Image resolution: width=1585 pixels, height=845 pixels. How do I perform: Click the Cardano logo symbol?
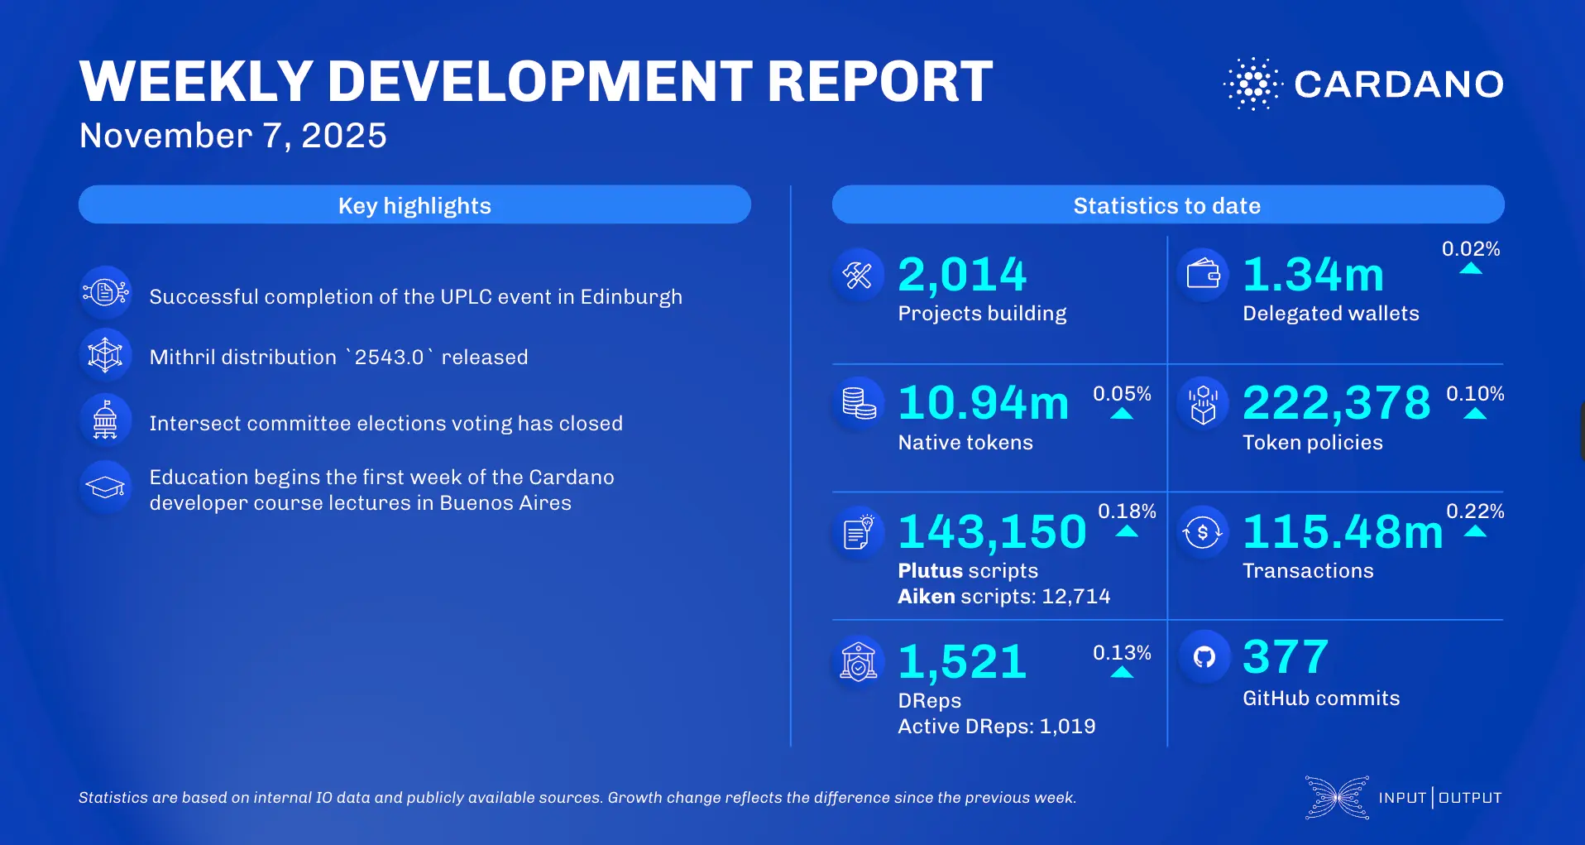point(1252,84)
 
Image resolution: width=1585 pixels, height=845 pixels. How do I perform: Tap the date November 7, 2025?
point(232,136)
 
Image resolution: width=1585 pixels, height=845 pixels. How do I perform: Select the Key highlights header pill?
point(414,204)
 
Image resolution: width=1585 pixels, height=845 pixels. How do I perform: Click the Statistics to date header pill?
point(1167,204)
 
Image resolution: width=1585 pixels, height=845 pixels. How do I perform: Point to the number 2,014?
point(961,275)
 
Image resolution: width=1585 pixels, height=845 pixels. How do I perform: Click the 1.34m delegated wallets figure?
point(1313,275)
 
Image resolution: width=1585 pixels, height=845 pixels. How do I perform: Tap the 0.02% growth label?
point(1470,248)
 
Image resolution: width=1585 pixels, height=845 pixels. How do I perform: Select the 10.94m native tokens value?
point(983,403)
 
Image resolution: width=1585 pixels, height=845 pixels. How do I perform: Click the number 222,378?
point(1336,403)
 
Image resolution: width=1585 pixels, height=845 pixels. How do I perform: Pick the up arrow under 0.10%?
point(1475,414)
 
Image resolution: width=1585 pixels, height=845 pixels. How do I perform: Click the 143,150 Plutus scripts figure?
point(992,531)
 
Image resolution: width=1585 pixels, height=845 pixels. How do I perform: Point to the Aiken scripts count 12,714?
point(1075,597)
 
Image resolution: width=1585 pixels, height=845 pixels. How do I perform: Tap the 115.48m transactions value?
point(1342,531)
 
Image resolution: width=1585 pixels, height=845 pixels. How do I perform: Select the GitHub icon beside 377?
point(1204,657)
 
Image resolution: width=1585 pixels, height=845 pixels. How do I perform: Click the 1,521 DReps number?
point(962,662)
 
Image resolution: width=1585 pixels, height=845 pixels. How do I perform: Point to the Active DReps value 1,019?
point(1067,727)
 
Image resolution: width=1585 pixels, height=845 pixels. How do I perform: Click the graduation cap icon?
point(106,487)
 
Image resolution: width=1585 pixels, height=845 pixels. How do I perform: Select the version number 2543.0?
point(389,358)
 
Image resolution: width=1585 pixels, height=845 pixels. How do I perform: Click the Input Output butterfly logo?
point(1337,798)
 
